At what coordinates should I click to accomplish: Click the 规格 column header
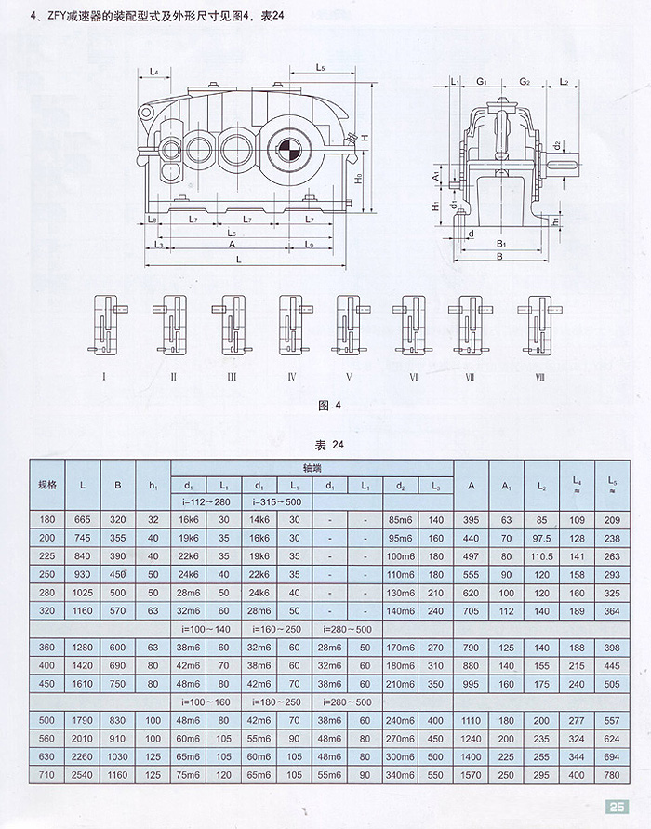pyautogui.click(x=47, y=485)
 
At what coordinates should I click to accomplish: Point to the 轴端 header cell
pyautogui.click(x=312, y=469)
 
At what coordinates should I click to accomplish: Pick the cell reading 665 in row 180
pyautogui.click(x=84, y=520)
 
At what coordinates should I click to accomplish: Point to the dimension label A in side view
pyautogui.click(x=231, y=244)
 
